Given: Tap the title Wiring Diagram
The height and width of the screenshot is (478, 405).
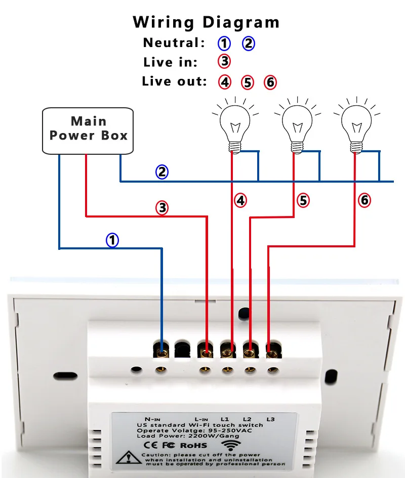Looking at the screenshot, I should [206, 22].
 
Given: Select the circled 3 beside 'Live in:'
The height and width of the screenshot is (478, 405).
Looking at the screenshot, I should [224, 62].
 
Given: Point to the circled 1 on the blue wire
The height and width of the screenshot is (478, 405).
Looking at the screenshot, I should [112, 240].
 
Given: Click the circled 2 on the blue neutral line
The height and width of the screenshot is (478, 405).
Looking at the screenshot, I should [161, 172].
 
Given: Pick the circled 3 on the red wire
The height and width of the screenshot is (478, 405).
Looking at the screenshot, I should [161, 207].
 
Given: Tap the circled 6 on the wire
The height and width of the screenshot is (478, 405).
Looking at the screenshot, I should [364, 200].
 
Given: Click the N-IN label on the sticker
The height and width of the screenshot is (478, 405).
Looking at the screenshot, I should [152, 419].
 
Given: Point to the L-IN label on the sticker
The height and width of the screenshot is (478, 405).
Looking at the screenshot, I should [201, 419].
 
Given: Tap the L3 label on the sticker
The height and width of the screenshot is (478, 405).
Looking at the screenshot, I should [270, 419].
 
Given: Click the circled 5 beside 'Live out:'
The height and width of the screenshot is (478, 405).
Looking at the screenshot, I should [247, 82].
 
